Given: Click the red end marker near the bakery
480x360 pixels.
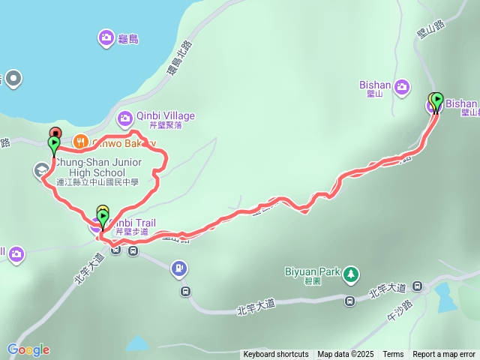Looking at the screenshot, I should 55,133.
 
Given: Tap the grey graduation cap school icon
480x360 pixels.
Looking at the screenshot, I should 41,171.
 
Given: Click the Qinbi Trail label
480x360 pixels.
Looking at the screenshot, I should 136,223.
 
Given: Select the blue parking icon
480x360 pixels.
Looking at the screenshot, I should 178,266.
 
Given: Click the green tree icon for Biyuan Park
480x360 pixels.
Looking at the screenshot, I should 350,274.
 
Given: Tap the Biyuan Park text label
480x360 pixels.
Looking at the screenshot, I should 313,271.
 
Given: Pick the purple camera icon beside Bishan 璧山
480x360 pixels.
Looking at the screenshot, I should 402,87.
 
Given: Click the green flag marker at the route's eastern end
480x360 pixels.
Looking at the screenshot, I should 437,99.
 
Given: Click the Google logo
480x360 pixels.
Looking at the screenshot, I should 28,349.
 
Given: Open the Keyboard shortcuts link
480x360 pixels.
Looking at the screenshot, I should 275,355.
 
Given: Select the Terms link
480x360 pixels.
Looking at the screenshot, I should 393,355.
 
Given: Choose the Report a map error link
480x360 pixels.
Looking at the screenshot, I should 444,355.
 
